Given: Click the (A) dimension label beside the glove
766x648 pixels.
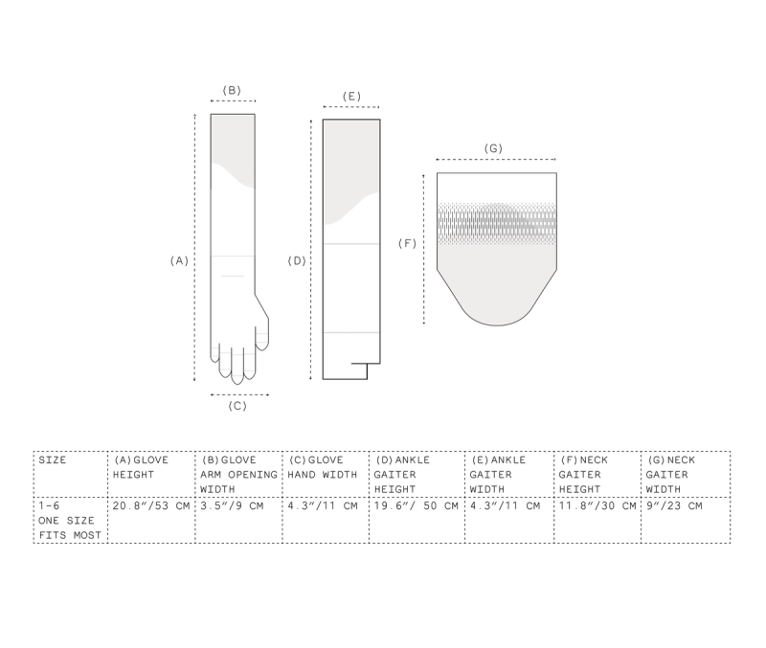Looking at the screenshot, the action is pyautogui.click(x=179, y=260).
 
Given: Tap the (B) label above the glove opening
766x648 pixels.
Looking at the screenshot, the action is pyautogui.click(x=232, y=90).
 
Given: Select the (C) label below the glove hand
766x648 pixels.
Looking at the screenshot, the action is pyautogui.click(x=237, y=406).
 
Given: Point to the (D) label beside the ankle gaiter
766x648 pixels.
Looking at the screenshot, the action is pyautogui.click(x=297, y=260).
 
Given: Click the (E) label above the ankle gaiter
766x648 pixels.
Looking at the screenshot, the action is pyautogui.click(x=351, y=97).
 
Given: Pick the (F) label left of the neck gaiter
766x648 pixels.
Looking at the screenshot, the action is pyautogui.click(x=408, y=243).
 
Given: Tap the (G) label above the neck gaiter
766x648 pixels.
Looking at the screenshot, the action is pyautogui.click(x=493, y=148).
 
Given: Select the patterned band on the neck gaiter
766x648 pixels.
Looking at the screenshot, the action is pyautogui.click(x=497, y=224).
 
